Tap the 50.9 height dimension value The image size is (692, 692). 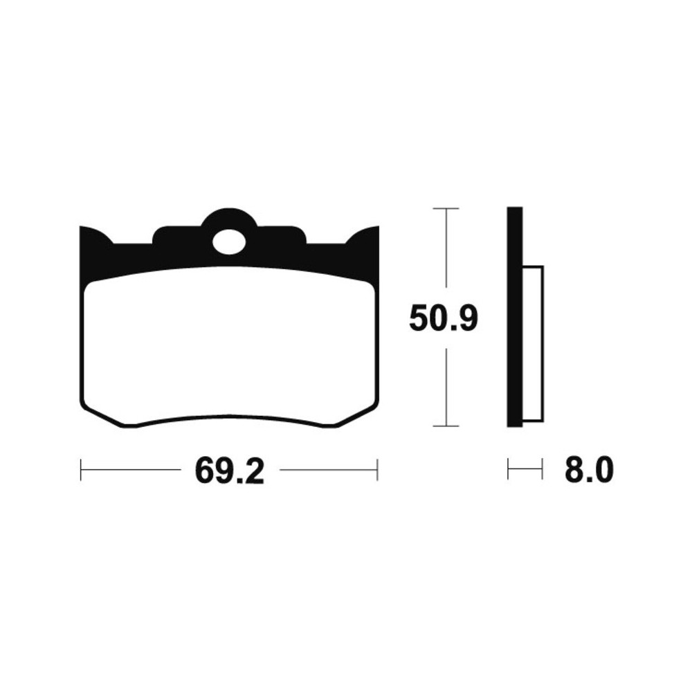click(443, 318)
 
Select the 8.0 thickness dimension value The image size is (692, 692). click(589, 470)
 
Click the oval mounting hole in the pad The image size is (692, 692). click(229, 242)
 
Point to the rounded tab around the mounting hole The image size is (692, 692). click(229, 219)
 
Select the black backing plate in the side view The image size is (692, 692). click(515, 316)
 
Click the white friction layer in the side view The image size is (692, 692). click(533, 343)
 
